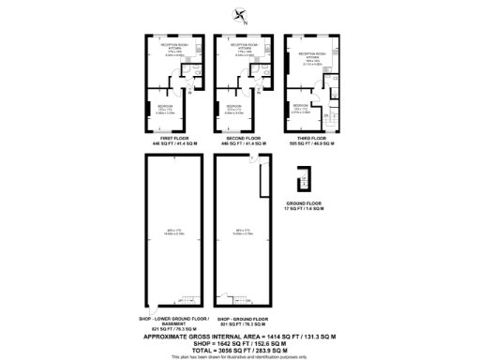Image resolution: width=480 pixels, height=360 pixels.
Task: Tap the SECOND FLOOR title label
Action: point(239,139)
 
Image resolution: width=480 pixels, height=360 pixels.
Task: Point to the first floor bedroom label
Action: point(165,110)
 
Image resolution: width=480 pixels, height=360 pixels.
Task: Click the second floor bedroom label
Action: point(234,110)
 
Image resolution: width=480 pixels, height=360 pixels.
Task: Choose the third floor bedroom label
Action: point(302,110)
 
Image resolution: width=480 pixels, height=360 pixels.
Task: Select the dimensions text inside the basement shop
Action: point(171,232)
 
